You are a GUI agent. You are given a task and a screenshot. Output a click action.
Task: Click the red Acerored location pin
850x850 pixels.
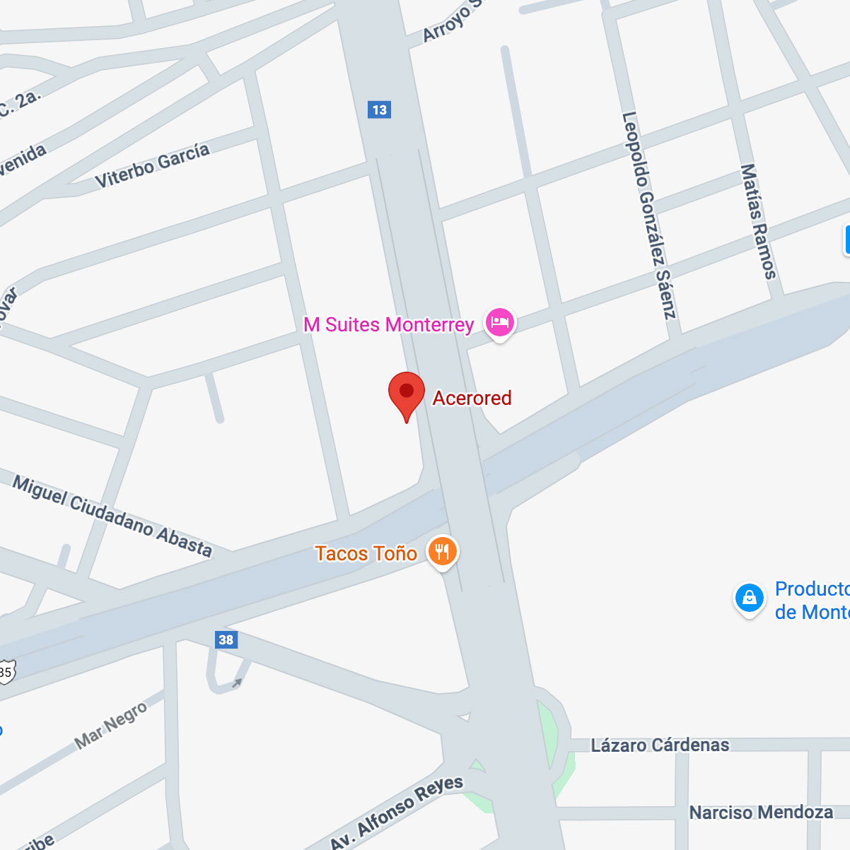[x=407, y=392]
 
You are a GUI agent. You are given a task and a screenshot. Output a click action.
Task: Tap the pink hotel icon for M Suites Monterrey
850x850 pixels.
[x=500, y=322]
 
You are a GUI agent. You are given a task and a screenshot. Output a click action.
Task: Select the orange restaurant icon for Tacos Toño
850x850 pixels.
[x=443, y=551]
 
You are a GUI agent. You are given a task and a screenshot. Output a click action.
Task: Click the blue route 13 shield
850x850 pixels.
[x=380, y=110]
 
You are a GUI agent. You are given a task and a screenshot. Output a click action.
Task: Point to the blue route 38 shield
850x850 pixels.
[x=226, y=640]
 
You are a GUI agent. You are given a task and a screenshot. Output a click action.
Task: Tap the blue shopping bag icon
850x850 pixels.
[x=750, y=598]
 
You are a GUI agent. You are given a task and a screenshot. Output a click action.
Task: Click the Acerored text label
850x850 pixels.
[x=472, y=399]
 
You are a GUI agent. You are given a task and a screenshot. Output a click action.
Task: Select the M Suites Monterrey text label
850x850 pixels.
[x=388, y=325]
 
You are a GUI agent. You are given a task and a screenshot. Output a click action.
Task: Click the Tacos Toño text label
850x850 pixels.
[x=366, y=553]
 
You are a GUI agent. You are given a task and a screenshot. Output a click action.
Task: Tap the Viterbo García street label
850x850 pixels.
[x=153, y=165]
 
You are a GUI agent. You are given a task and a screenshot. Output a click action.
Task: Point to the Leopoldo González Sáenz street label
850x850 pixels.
[x=649, y=215]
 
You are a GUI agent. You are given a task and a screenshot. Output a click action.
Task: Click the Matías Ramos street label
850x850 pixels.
[x=758, y=221]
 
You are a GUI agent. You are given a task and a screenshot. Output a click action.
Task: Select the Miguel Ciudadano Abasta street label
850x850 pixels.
[x=112, y=517]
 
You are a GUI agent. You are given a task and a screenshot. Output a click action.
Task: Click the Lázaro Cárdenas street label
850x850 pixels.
[x=660, y=745]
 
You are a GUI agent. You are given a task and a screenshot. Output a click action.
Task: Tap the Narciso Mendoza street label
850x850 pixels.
[x=761, y=813]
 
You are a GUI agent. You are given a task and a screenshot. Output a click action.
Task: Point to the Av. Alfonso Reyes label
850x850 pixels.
[x=397, y=812]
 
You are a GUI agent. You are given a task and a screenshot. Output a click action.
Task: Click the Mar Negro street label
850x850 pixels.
[x=111, y=725]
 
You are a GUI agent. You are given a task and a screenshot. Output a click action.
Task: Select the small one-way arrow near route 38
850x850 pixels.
[x=236, y=683]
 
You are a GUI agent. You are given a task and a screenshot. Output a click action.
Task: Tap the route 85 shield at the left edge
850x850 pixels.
[x=6, y=672]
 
